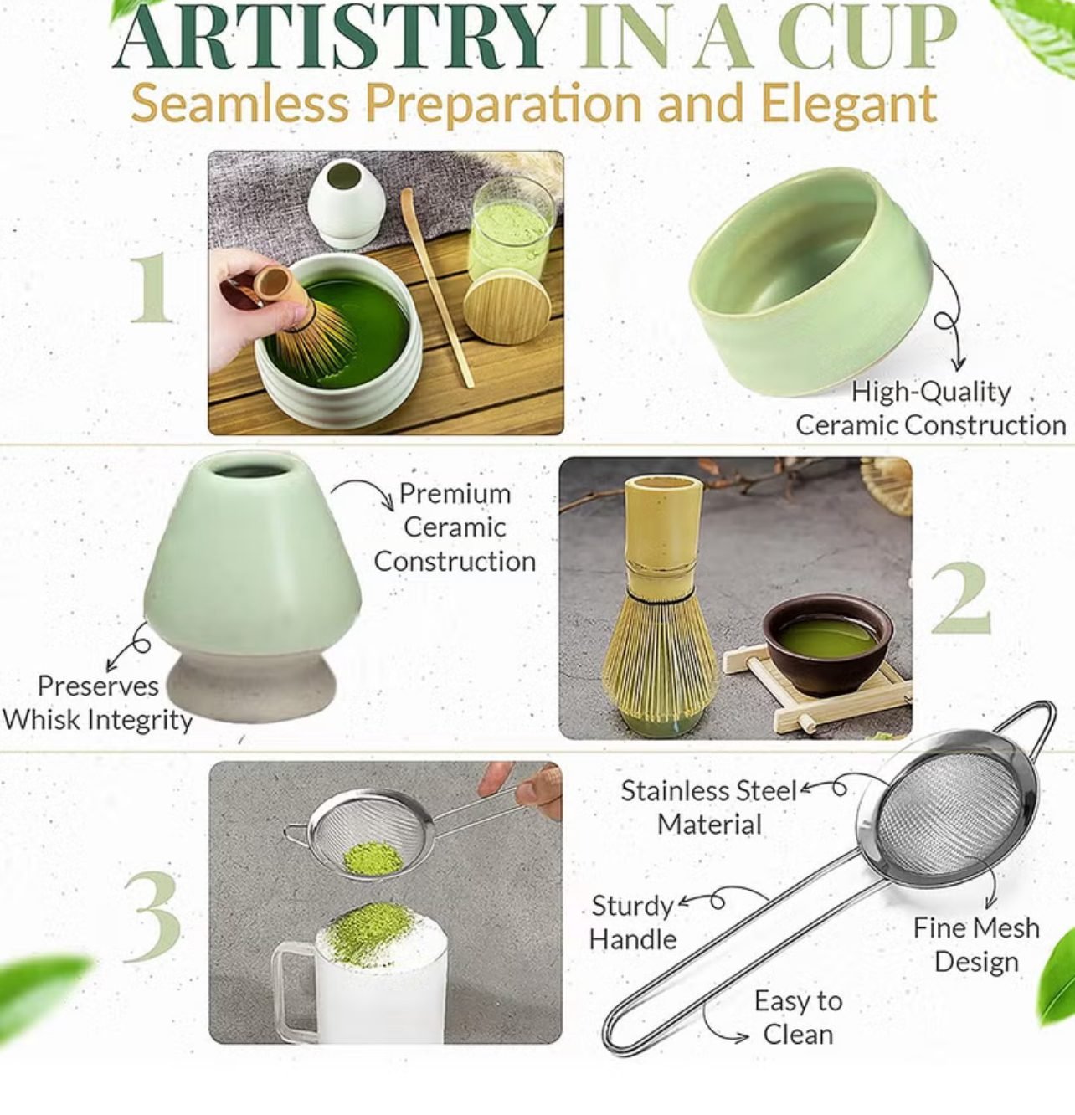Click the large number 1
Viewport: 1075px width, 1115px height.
click(x=152, y=288)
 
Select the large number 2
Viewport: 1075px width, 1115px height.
click(x=960, y=599)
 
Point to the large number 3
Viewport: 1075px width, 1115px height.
click(x=152, y=917)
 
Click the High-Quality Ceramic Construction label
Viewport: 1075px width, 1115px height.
click(x=929, y=408)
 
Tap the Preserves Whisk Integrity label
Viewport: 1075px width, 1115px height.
click(x=97, y=703)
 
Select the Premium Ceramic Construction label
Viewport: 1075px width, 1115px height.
click(x=455, y=527)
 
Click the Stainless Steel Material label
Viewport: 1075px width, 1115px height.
click(x=708, y=807)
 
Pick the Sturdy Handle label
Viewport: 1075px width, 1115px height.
click(x=633, y=922)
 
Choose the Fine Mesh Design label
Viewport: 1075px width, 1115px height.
click(x=975, y=944)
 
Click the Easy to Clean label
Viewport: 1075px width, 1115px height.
click(x=797, y=1017)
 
